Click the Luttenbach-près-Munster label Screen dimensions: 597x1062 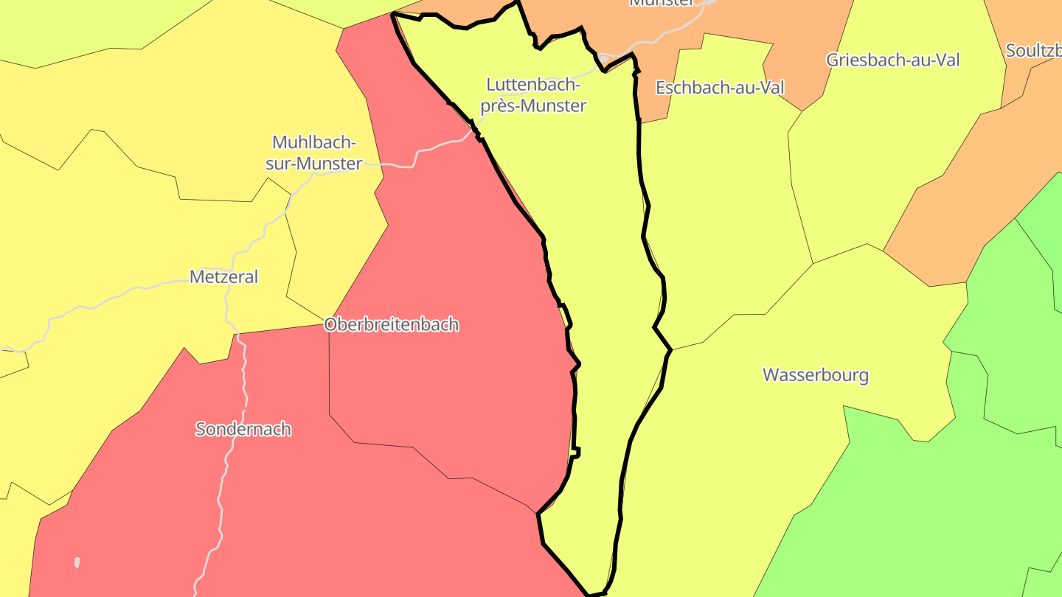coord(533,95)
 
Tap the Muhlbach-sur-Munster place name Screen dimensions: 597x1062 coord(314,153)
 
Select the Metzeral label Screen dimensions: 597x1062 coord(224,277)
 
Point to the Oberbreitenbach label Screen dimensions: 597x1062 coord(392,324)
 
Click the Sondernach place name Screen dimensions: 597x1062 coord(243,429)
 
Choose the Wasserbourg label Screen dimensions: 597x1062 coord(816,374)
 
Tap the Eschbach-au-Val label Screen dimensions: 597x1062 coord(720,88)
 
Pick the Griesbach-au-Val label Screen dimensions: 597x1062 coord(893,60)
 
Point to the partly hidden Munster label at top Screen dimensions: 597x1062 coord(662,3)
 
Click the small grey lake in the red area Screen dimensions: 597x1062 coord(77,563)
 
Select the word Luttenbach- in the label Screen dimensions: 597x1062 coord(534,85)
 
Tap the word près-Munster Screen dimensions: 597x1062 coord(533,106)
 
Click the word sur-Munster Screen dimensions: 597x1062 coord(314,164)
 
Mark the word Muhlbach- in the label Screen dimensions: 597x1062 coord(314,142)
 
